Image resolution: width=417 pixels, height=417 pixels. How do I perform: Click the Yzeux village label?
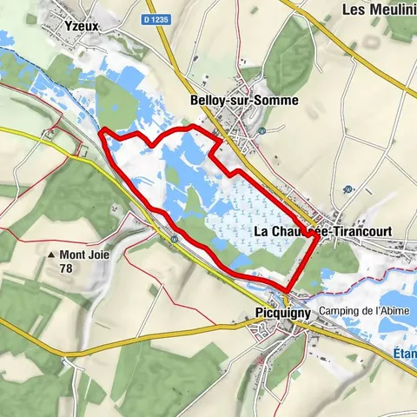[x=83, y=26]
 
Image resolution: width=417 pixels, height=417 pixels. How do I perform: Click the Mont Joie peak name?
[x=83, y=255]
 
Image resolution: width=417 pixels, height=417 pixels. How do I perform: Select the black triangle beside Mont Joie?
[x=51, y=255]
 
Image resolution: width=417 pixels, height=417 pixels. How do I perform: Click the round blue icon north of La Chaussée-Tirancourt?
[x=347, y=189]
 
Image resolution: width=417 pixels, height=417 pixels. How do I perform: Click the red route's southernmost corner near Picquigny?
[x=288, y=288]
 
